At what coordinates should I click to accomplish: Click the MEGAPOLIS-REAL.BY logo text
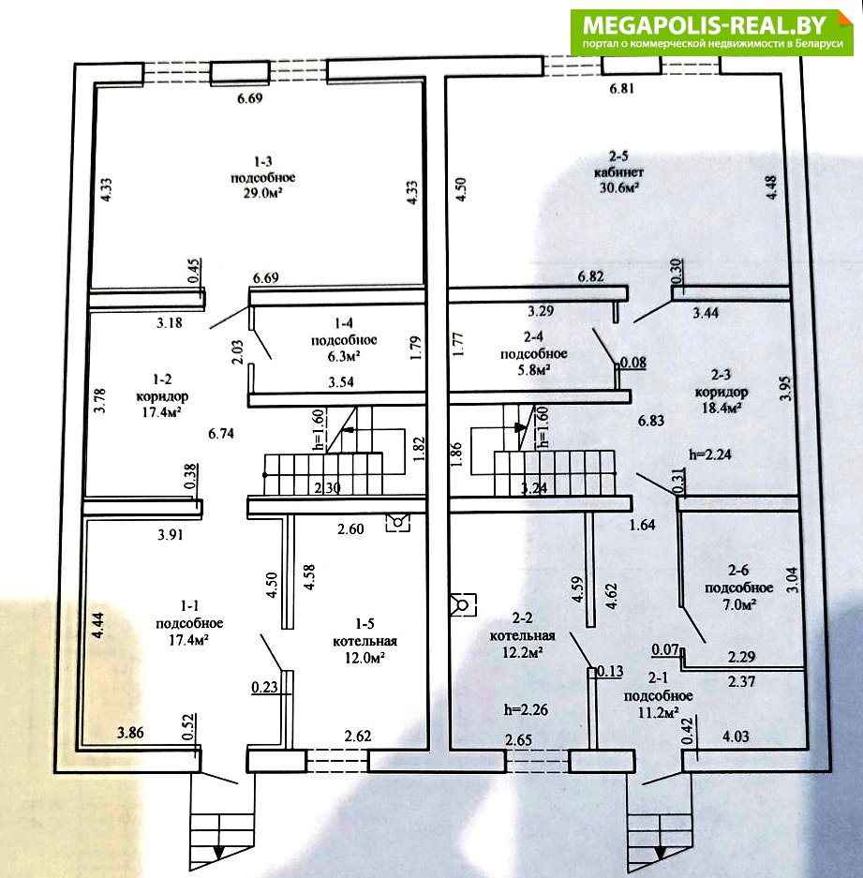(x=705, y=25)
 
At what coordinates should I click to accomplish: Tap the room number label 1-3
(x=263, y=162)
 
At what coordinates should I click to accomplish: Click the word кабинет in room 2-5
(x=618, y=171)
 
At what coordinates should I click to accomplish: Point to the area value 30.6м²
(x=619, y=187)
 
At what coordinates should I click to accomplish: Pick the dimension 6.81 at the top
(x=621, y=88)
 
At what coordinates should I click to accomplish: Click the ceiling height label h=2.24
(x=710, y=454)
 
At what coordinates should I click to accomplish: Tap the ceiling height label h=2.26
(x=526, y=709)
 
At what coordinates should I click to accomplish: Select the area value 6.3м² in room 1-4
(x=344, y=355)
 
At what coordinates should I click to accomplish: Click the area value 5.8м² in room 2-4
(x=534, y=369)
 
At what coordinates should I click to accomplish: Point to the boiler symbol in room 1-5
(x=397, y=523)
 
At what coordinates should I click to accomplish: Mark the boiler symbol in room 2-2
(x=463, y=604)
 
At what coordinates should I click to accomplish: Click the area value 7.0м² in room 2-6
(x=739, y=604)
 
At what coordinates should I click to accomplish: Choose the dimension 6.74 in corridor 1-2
(x=221, y=433)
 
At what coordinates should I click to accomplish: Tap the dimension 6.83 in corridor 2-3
(x=650, y=420)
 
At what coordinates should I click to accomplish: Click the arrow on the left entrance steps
(x=219, y=852)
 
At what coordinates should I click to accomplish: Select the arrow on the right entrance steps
(x=661, y=852)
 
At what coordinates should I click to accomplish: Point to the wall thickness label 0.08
(x=633, y=363)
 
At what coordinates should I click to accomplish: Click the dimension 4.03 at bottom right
(x=736, y=737)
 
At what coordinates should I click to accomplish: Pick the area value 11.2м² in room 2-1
(x=659, y=712)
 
